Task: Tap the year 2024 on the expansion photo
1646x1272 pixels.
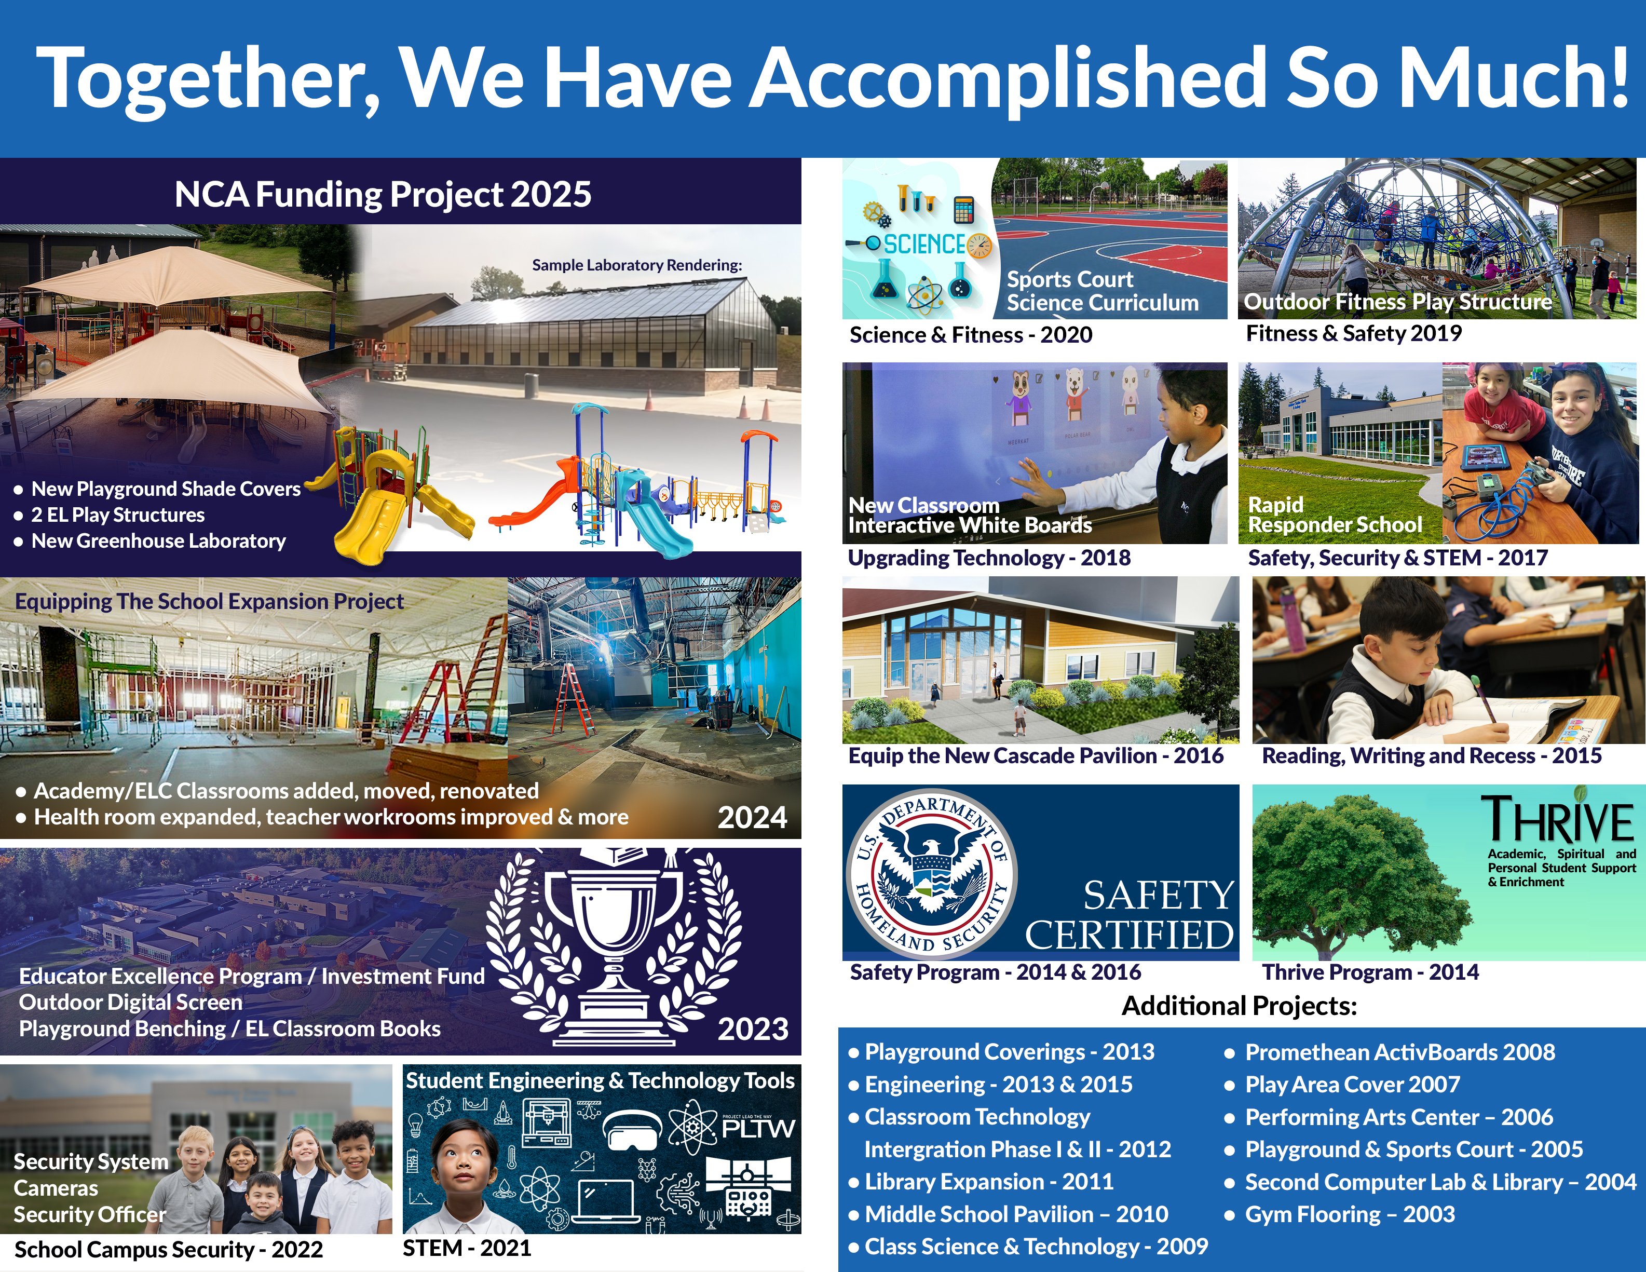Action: point(752,817)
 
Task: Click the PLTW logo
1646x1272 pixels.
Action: point(757,1127)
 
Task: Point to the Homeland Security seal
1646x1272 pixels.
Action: point(934,873)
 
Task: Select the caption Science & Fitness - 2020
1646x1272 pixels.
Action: point(970,335)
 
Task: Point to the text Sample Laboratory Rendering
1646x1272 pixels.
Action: point(637,265)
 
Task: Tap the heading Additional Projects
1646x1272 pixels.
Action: point(1239,1006)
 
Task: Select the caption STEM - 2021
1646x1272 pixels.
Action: point(467,1249)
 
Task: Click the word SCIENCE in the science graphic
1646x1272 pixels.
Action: point(924,245)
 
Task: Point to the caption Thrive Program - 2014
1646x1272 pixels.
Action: point(1370,972)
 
